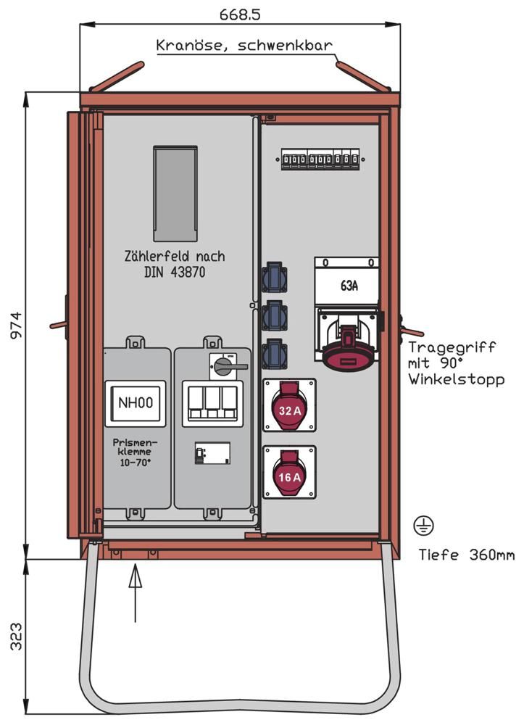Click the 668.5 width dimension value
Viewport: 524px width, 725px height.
[x=239, y=13]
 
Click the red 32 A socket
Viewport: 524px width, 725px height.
[x=289, y=410]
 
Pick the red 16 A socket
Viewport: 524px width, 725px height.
[x=289, y=476]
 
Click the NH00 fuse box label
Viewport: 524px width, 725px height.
[x=136, y=403]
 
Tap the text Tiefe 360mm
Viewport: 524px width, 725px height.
[x=466, y=555]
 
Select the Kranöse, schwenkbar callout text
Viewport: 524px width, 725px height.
[x=244, y=46]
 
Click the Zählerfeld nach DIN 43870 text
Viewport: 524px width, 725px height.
[x=174, y=263]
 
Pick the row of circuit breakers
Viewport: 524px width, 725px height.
[x=320, y=160]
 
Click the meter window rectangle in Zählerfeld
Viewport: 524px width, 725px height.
[x=175, y=194]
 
